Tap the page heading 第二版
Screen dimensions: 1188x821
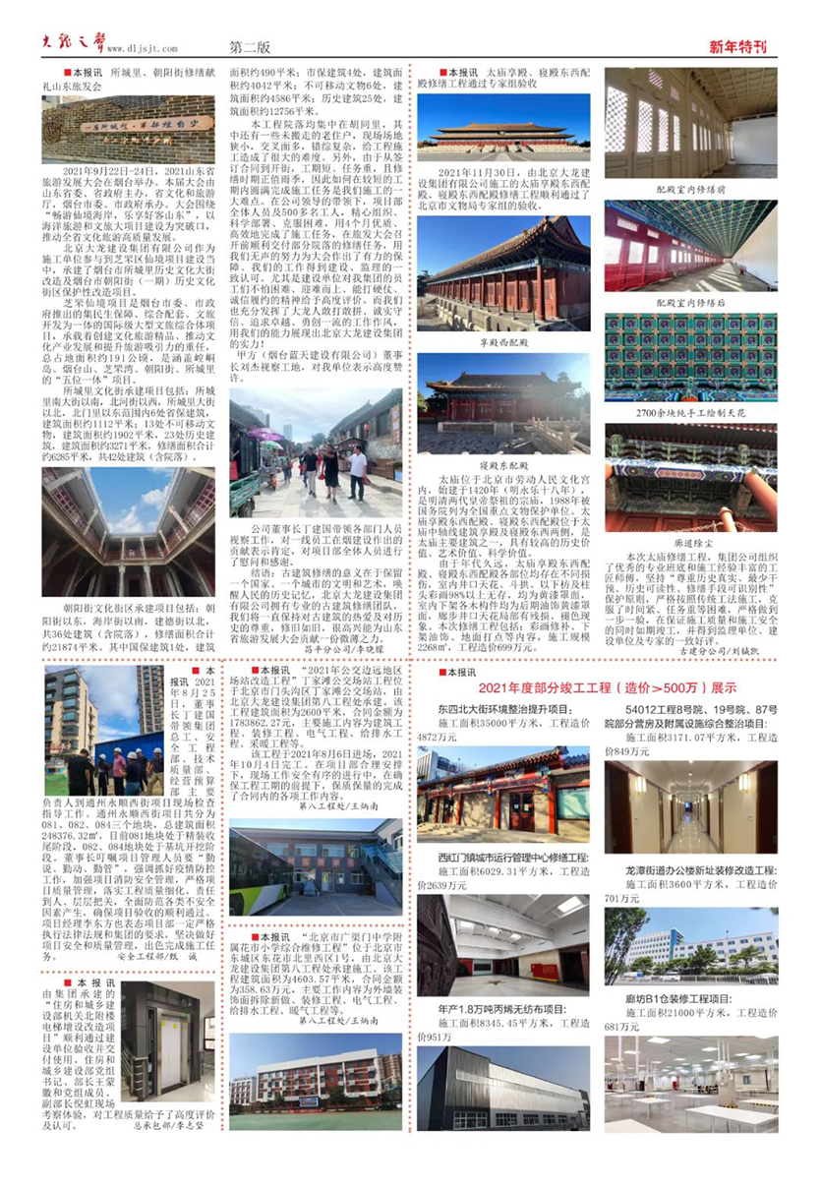coord(250,45)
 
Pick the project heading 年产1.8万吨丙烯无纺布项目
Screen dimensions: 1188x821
coord(501,1009)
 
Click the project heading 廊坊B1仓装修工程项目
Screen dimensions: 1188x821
coord(669,998)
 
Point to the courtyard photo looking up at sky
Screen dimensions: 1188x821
coord(128,532)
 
